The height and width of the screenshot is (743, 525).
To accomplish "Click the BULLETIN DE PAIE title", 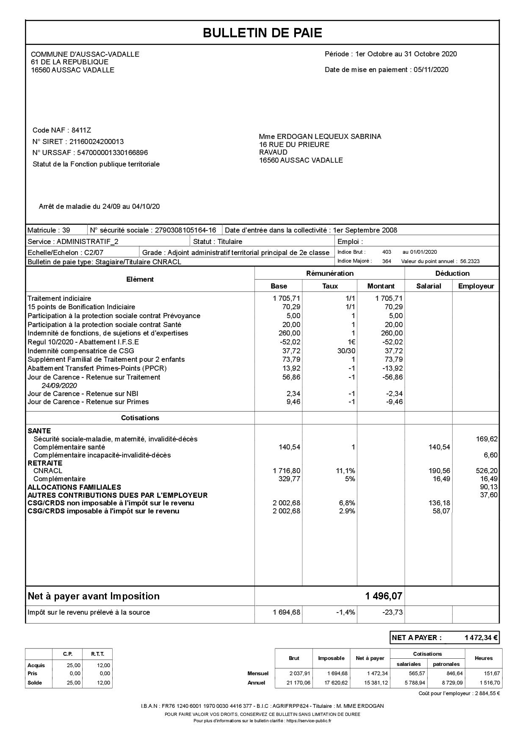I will coord(262,33).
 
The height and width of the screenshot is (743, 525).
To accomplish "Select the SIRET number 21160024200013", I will coord(96,141).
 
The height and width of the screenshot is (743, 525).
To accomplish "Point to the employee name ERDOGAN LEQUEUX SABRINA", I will coord(329,136).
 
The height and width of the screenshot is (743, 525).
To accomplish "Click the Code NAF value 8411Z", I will coord(81,130).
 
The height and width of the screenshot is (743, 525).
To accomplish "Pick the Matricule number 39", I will coord(66,230).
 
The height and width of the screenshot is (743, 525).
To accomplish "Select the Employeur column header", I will coord(476,286).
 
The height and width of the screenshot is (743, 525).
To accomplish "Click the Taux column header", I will coord(330,286).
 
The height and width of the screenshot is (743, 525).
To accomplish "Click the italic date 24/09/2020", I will coord(59,385).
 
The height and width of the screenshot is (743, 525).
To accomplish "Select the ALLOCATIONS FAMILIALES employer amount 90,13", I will coord(489,487).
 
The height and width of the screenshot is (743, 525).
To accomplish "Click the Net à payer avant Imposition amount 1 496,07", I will coord(384,596).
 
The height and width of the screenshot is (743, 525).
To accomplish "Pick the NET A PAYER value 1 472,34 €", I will coord(481,638).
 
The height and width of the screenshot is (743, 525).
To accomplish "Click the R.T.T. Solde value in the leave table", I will coord(104,683).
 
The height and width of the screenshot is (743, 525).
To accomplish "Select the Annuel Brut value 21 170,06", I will coord(298,683).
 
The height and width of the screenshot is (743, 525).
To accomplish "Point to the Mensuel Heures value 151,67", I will coord(491,674).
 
